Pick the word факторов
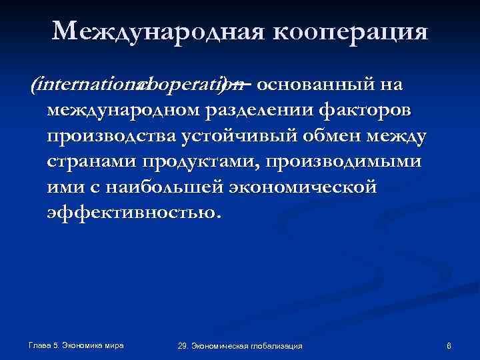pyautogui.click(x=369, y=109)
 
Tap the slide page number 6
pyautogui.click(x=449, y=345)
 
